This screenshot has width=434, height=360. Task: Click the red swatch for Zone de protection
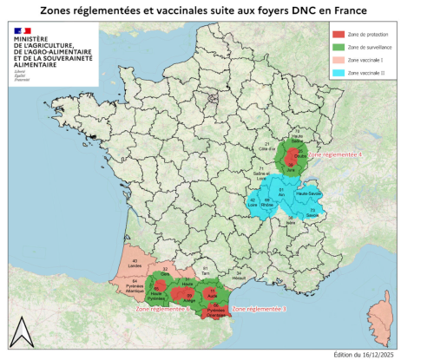click(x=339, y=33)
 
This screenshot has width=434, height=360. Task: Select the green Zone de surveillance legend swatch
click(x=339, y=46)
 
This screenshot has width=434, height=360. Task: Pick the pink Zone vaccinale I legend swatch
click(x=339, y=60)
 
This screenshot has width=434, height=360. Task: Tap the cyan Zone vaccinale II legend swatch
click(x=339, y=74)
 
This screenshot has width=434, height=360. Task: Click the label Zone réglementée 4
click(x=335, y=154)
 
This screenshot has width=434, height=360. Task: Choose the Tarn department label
click(x=206, y=272)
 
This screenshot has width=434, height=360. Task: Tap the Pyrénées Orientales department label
click(x=214, y=309)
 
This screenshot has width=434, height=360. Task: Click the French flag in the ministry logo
click(x=22, y=31)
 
